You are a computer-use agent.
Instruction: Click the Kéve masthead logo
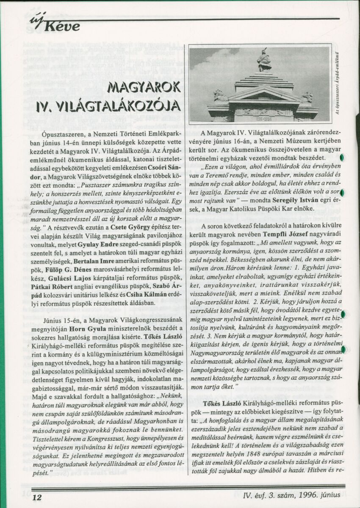pos(55,26)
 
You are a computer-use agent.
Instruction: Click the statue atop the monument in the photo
pos(264,60)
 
